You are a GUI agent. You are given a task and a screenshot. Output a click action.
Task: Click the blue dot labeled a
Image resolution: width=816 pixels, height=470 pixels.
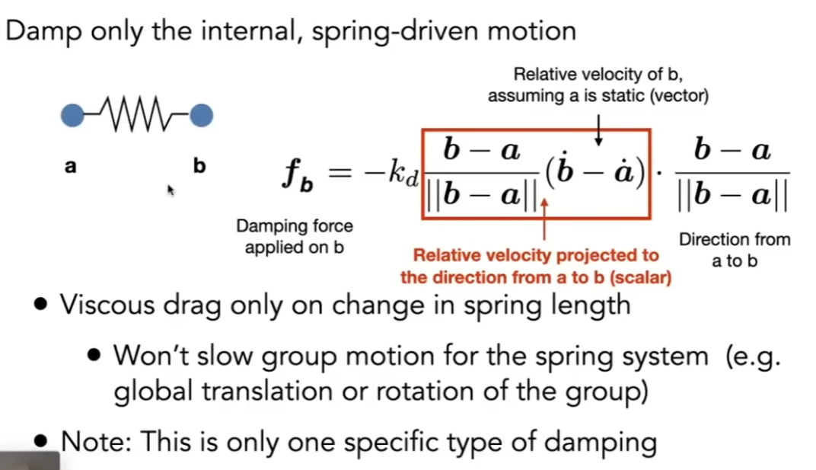tap(72, 115)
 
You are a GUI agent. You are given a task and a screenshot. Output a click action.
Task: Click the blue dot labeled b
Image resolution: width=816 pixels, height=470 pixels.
tap(201, 115)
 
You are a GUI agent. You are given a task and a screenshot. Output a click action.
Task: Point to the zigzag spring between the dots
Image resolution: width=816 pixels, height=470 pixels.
tap(137, 114)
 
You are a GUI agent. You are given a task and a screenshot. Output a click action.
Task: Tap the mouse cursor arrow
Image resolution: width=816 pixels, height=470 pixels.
tap(171, 190)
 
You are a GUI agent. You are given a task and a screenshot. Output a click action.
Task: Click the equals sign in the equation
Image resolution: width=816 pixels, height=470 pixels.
tap(339, 172)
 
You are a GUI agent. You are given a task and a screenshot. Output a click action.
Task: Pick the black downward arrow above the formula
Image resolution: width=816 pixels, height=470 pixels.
tap(598, 129)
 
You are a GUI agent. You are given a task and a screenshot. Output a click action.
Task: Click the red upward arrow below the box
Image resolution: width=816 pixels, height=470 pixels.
tap(544, 219)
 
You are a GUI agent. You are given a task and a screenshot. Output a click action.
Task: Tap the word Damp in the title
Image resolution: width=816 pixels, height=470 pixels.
tap(43, 32)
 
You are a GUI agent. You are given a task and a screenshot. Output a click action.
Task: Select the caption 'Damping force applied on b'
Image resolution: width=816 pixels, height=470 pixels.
tap(295, 236)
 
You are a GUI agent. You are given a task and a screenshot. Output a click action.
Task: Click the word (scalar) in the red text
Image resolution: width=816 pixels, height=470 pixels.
tap(640, 277)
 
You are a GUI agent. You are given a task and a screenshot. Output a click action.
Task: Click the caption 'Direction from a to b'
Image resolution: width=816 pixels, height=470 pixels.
tap(735, 250)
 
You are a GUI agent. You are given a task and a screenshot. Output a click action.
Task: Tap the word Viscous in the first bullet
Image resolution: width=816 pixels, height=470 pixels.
tap(107, 304)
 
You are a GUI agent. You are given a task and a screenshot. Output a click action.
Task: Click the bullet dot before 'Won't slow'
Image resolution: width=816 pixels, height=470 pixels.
tap(94, 356)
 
